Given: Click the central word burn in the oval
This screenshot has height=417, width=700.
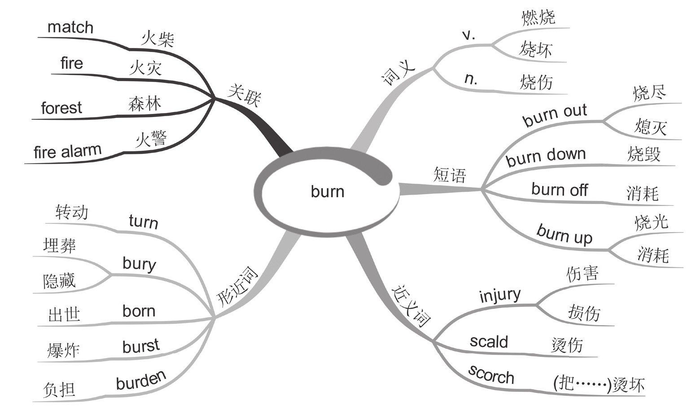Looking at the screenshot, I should tap(328, 192).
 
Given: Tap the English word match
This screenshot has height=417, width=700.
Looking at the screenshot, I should tap(70, 27).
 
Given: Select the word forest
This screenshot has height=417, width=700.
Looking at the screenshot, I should tap(61, 108).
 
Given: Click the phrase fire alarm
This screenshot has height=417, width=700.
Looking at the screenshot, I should tap(67, 152).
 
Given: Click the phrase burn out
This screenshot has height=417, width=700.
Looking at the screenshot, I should tap(555, 115).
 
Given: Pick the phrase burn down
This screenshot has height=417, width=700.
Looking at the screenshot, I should tap(546, 156).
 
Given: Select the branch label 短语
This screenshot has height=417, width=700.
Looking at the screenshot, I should tap(450, 175).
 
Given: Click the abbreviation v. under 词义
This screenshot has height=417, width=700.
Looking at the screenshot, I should tap(468, 35).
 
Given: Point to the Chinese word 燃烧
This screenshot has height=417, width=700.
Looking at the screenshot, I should tap(538, 18).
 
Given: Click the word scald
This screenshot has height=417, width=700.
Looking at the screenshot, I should tap(489, 342).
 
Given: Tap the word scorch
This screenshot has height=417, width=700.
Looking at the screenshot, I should tap(491, 374).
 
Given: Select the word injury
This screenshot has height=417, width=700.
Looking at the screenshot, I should tap(500, 296).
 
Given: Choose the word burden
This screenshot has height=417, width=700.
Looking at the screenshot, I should tap(141, 381).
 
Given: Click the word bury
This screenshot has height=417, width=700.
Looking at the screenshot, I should tap(139, 264).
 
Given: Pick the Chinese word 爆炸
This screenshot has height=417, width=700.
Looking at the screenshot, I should tap(63, 350).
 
